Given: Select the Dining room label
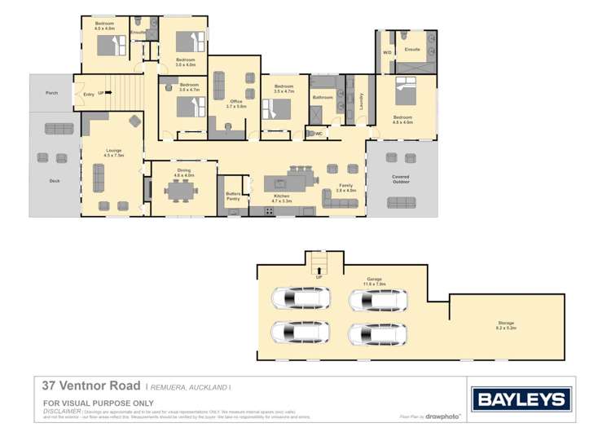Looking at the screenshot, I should pos(184,172).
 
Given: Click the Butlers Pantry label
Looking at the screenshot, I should pos(233,196).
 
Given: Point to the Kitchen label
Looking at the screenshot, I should pos(282,197).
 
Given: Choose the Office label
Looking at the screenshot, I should pos(235,104).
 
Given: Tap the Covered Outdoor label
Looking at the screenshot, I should pos(401,179).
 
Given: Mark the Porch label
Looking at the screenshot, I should pos(51,93).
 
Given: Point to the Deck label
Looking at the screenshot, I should pos(55,181).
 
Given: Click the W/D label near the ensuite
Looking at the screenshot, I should pos(387,52).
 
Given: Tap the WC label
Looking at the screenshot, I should pos(318,133).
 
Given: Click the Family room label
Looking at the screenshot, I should pos(346,187).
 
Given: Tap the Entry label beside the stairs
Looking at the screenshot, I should pos(88,94).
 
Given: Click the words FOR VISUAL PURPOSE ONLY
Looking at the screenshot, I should pos(98,403).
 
